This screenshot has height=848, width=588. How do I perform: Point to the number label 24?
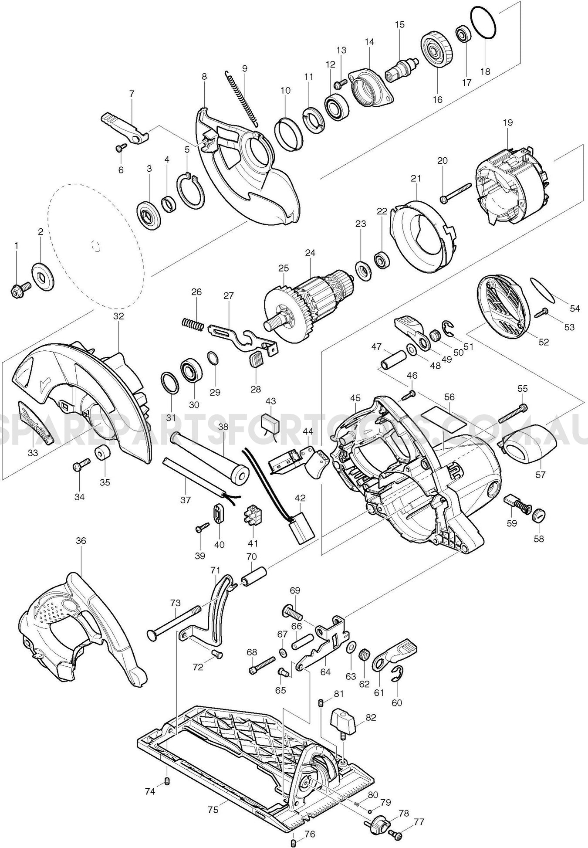(310, 253)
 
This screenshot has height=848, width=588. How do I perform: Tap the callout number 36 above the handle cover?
(81, 540)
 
